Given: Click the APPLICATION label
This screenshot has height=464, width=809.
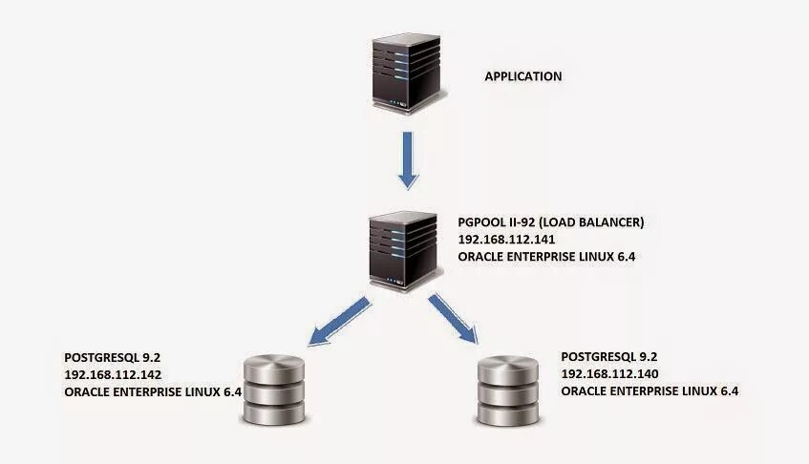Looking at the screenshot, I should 522,76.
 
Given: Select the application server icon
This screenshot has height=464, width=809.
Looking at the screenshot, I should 406,68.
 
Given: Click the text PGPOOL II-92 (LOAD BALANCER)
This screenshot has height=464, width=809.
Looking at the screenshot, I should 551,222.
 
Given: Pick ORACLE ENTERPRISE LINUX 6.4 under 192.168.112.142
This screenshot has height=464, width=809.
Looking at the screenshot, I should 152,391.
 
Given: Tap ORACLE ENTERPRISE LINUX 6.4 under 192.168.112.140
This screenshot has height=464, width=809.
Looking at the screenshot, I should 649,391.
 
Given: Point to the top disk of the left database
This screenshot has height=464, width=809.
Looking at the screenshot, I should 274,367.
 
